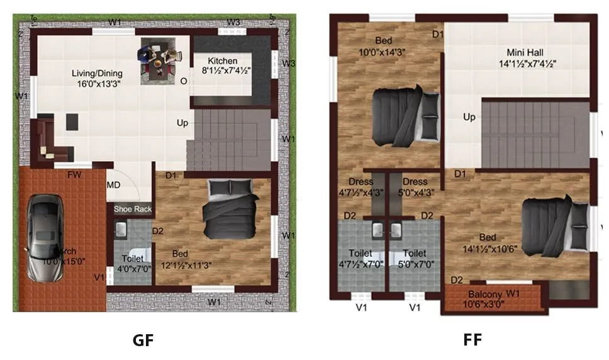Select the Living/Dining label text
click(96, 78)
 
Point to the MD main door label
click(113, 185)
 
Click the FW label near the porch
click(74, 176)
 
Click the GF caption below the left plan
click(143, 340)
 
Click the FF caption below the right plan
click(472, 340)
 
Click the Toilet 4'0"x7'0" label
click(133, 264)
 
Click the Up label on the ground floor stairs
click(182, 123)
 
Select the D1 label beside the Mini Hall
click(439, 34)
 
